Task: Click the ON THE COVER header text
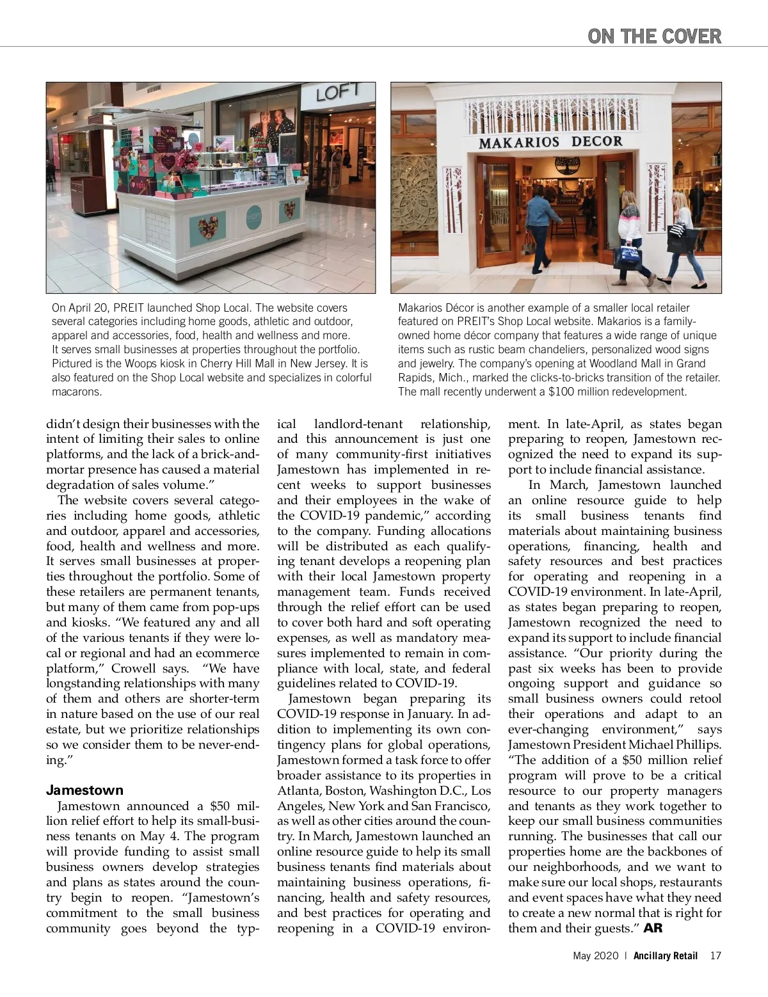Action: tap(654, 36)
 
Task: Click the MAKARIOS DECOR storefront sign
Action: tap(550, 141)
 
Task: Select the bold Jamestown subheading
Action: tap(84, 790)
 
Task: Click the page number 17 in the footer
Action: tap(716, 974)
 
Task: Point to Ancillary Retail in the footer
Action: tap(666, 974)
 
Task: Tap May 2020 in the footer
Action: tap(595, 974)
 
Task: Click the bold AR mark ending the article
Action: tap(653, 929)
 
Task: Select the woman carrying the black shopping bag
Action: tap(680, 237)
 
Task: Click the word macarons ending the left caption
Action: tap(77, 392)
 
